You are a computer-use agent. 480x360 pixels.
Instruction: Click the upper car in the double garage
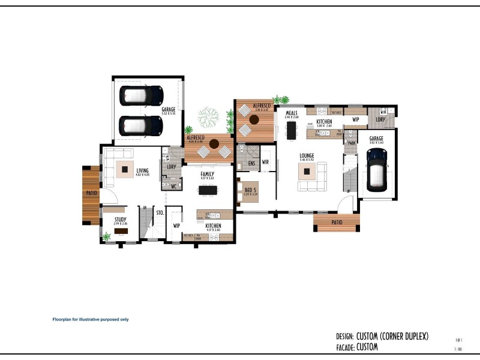click(142, 95)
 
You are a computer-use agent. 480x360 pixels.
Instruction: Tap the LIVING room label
click(142, 170)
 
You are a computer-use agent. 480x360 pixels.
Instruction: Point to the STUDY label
click(121, 220)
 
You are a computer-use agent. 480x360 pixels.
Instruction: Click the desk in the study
click(121, 231)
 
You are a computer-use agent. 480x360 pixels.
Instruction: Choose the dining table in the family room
click(208, 190)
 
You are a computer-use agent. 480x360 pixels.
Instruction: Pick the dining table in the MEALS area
click(292, 130)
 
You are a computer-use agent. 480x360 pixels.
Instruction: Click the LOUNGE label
click(307, 155)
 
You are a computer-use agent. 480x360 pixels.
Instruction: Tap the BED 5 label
click(250, 190)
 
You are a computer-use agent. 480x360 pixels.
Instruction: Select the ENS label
click(251, 163)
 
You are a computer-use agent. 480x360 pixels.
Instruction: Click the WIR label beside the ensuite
click(265, 162)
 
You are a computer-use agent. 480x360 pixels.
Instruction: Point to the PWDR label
click(351, 143)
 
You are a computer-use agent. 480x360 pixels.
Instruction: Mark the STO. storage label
click(160, 212)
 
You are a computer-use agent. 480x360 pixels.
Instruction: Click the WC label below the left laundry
click(173, 186)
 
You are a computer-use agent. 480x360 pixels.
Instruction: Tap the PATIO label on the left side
click(91, 193)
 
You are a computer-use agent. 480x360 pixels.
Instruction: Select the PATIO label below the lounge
click(337, 222)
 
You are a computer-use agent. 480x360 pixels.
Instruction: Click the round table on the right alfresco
click(253, 119)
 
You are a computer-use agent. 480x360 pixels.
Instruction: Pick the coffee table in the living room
click(125, 169)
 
